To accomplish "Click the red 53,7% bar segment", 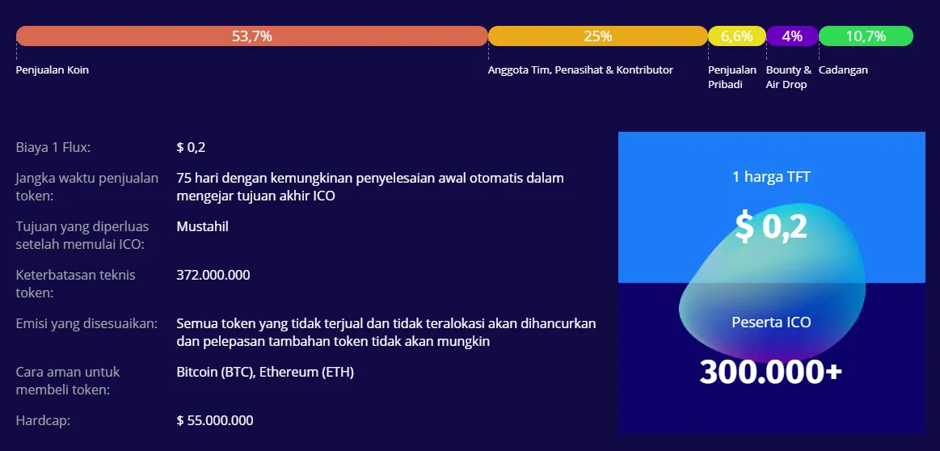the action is tap(252, 36).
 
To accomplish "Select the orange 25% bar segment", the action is tap(597, 36).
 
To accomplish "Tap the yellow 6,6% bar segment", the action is tap(737, 36).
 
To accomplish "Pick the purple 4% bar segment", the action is tap(792, 36).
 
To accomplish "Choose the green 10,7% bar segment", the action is tap(866, 36).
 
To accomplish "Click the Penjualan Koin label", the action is tap(53, 70).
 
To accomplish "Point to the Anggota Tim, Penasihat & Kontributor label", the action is tap(580, 70).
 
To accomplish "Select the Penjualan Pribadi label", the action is tap(732, 78).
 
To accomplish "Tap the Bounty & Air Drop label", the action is tap(788, 78).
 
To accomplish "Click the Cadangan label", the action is tap(843, 70).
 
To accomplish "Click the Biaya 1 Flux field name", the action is tap(53, 148).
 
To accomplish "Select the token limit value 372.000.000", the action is tap(213, 276).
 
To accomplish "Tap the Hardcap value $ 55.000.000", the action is tap(215, 420).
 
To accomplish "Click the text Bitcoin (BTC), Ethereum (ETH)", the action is tap(265, 373).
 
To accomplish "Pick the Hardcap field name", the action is tap(43, 420).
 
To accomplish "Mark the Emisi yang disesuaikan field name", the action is tap(87, 324).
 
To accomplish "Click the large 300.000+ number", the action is tap(771, 372).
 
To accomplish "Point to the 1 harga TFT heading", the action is tap(772, 177).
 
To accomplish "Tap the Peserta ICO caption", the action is tap(772, 322).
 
